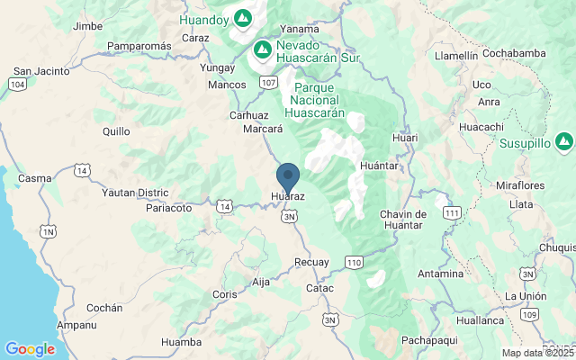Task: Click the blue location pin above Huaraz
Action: coord(288,175)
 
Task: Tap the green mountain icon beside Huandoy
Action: coord(243,17)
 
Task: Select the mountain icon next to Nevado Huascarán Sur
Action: coord(263,48)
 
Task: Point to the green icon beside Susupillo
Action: coord(563,141)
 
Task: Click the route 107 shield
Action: coord(268,82)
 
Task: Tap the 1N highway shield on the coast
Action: coord(47,231)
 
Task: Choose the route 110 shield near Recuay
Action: coord(354,262)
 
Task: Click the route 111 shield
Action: coord(453,212)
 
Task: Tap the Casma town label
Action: coord(35,178)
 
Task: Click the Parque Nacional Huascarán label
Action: coord(310,100)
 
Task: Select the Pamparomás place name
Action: coord(139,46)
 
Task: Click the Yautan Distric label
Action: coord(135,193)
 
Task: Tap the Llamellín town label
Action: coord(456,55)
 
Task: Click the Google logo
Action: coord(30,349)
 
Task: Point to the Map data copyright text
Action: coord(538,354)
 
